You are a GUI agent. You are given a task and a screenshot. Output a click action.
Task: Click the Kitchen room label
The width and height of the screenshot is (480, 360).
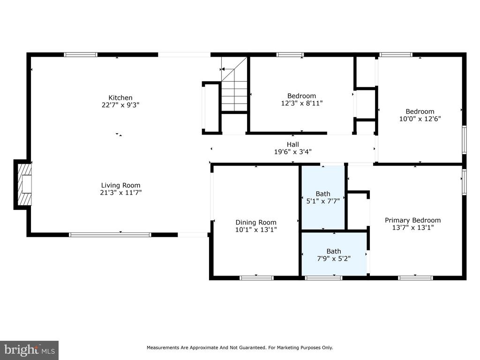(120, 97)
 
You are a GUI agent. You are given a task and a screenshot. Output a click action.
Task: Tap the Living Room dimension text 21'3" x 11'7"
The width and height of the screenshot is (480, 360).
(120, 193)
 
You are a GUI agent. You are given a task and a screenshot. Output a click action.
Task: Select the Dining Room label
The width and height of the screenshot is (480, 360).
(256, 223)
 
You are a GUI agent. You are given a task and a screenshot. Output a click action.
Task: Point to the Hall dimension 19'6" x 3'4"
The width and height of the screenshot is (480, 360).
(292, 151)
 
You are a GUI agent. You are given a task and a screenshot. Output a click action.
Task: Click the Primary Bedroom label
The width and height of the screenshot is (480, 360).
(412, 220)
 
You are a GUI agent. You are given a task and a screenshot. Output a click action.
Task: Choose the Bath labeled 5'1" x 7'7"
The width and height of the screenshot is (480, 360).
(323, 197)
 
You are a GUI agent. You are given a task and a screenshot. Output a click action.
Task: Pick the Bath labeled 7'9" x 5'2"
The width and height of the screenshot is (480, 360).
(334, 255)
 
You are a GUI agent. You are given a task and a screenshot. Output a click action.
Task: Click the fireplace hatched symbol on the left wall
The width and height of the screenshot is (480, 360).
(24, 185)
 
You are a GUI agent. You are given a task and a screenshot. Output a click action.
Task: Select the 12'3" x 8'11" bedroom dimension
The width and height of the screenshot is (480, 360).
(302, 103)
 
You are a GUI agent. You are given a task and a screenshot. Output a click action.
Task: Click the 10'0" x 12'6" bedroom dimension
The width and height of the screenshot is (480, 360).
(420, 119)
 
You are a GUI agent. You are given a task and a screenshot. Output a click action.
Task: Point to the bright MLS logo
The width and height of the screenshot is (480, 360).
(30, 350)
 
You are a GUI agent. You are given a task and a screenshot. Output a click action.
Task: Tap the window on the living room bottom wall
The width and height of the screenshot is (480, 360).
(110, 235)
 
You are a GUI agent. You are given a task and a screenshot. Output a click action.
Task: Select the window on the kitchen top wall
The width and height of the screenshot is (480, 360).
(81, 55)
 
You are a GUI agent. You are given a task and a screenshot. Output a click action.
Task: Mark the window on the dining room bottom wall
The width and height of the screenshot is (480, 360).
(256, 278)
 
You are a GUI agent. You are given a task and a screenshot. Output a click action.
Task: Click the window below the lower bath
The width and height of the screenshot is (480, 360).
(323, 278)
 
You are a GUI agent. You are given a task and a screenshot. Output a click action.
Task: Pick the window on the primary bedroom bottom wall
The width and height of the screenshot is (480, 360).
(415, 278)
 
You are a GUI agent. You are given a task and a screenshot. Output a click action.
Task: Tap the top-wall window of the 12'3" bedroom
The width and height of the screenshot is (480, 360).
(290, 55)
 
